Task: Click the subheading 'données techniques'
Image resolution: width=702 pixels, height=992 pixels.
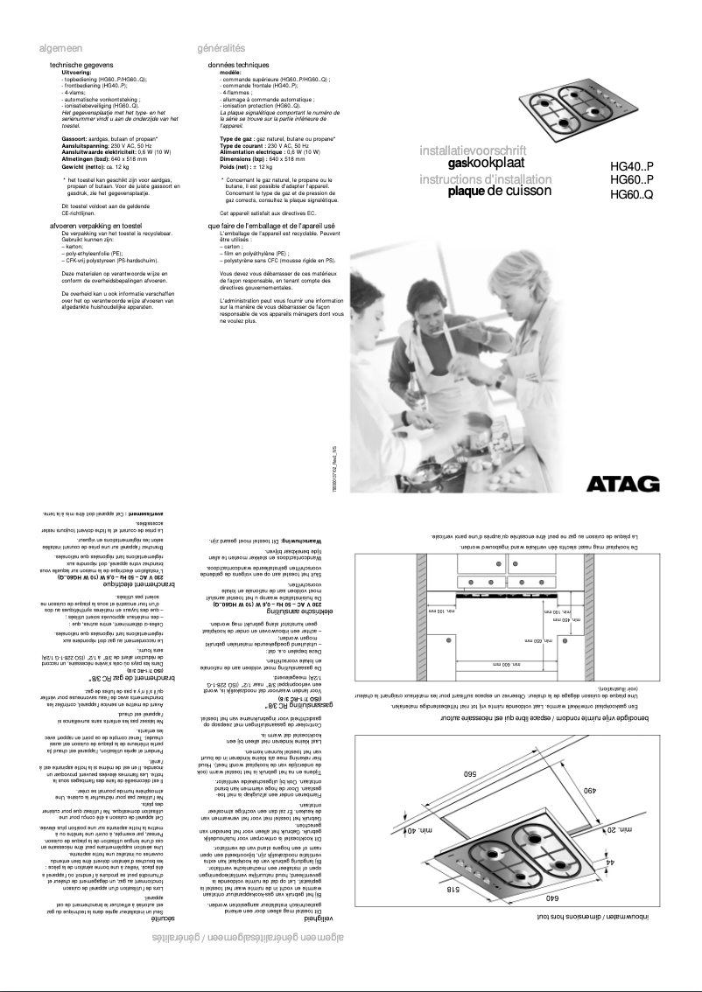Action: pos(238,66)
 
